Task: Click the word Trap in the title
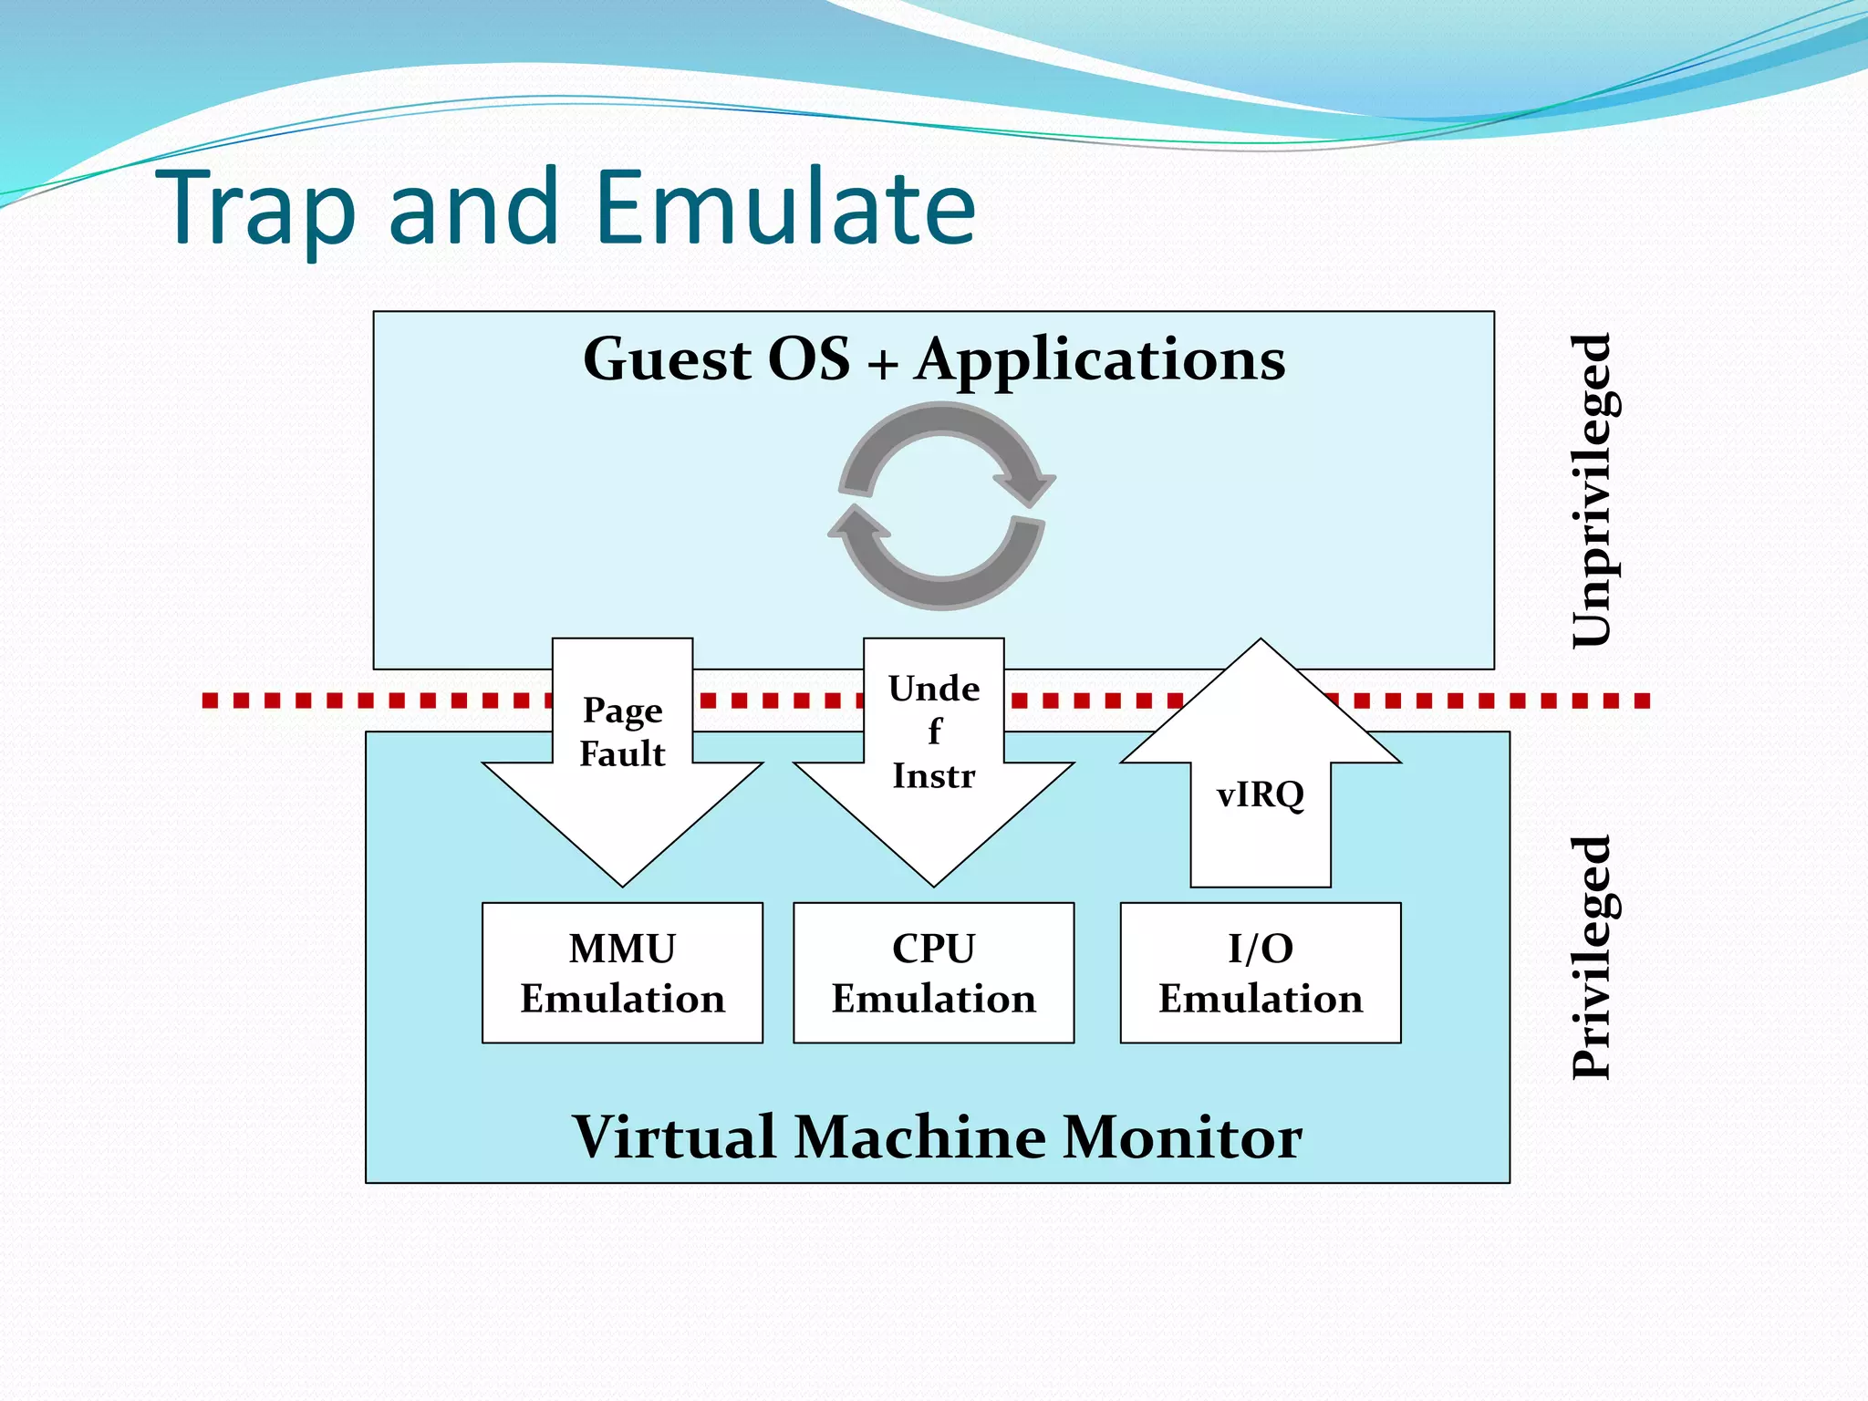[x=255, y=210]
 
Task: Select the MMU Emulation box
[x=622, y=973]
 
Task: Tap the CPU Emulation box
[x=933, y=973]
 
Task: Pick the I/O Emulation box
[x=1261, y=973]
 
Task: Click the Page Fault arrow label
[x=622, y=732]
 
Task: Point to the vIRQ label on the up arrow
[x=1261, y=794]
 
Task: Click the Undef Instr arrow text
[x=934, y=732]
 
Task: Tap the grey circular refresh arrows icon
[x=941, y=507]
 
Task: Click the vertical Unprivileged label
[x=1593, y=491]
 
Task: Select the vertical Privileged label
[x=1593, y=958]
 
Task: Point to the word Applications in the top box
[x=1100, y=360]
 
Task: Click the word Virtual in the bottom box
[x=675, y=1137]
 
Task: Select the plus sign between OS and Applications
[x=882, y=364]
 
